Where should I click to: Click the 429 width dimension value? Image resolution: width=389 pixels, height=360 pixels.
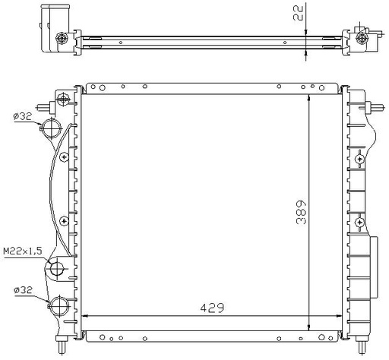pos(212,308)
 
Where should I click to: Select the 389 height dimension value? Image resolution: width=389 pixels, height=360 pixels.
pos(301,212)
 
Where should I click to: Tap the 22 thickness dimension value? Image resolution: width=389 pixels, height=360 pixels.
pos(298,13)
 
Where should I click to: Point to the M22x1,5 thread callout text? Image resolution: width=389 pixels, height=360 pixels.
pos(23,251)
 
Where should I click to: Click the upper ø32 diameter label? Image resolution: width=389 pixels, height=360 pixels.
pos(23,116)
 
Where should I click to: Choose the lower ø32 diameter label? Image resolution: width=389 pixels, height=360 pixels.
pos(24,289)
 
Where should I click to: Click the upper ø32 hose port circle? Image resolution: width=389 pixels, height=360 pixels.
pos(52,128)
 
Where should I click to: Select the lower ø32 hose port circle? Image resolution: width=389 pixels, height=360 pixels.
pos(59,305)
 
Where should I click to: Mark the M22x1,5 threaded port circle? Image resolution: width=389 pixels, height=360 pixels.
pos(57,269)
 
